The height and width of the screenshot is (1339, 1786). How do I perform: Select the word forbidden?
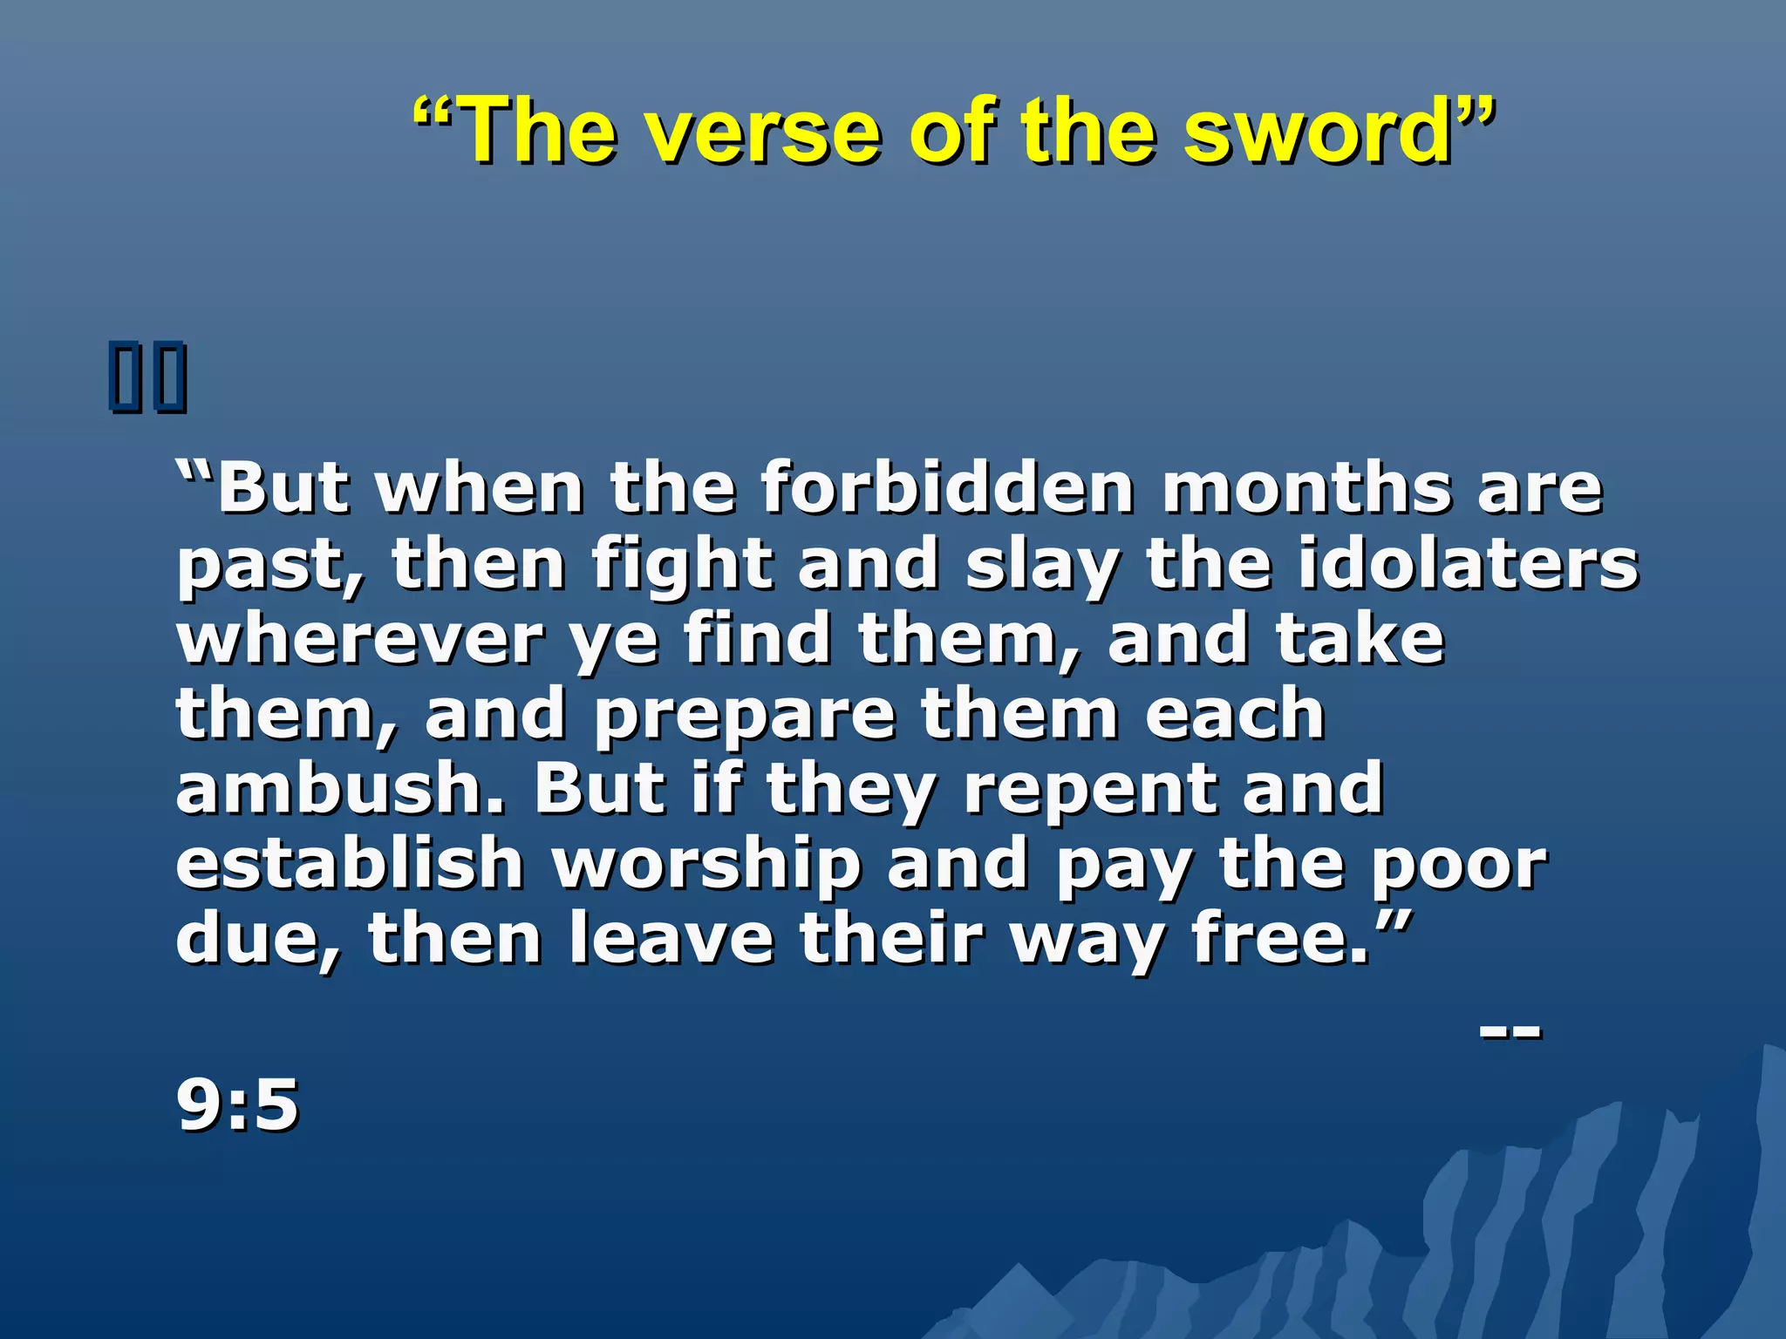[947, 488]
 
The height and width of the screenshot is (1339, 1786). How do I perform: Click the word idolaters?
[1469, 563]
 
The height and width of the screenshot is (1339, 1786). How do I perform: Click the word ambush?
[341, 788]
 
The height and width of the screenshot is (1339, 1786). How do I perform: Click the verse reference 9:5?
[238, 1105]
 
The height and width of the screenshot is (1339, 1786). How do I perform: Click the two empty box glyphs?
[148, 377]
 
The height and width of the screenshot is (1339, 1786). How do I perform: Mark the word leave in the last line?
[671, 938]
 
